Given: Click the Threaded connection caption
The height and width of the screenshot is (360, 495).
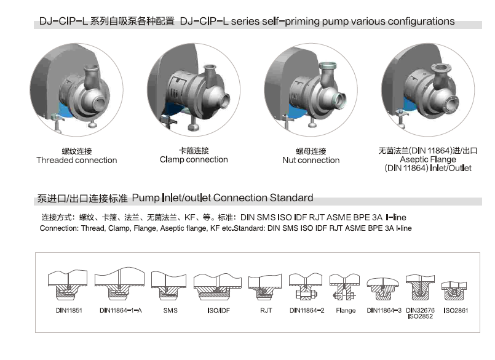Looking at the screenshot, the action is pyautogui.click(x=77, y=160).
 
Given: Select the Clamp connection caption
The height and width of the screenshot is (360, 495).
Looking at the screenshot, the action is pyautogui.click(x=194, y=159).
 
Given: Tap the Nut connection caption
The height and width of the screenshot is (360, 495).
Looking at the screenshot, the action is pyautogui.click(x=311, y=160).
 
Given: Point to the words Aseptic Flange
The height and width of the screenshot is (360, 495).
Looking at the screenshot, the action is pyautogui.click(x=428, y=159).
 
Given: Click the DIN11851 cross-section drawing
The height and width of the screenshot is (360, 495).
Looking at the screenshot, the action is pyautogui.click(x=68, y=285).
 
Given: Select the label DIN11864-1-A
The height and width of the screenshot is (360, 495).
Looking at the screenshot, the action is pyautogui.click(x=121, y=310).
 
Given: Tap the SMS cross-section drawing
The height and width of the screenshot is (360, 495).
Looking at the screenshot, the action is pyautogui.click(x=168, y=286).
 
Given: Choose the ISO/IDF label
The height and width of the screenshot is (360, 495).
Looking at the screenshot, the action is pyautogui.click(x=218, y=310).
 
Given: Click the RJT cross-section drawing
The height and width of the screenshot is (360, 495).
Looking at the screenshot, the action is pyautogui.click(x=265, y=287).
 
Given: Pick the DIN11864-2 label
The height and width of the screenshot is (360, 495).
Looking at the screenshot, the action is pyautogui.click(x=307, y=310).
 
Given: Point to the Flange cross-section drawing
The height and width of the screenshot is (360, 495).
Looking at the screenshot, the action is pyautogui.click(x=344, y=287).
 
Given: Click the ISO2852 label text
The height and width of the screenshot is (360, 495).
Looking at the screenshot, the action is pyautogui.click(x=420, y=316).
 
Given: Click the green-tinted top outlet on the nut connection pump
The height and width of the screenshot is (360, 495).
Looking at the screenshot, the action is pyautogui.click(x=328, y=66).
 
